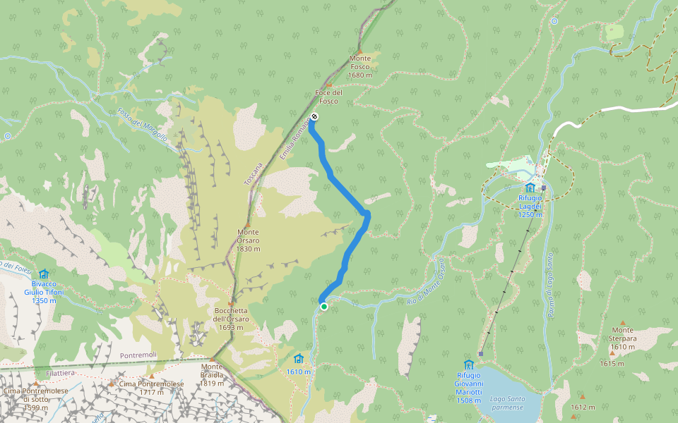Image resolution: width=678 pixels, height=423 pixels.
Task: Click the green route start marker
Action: pyautogui.click(x=324, y=307)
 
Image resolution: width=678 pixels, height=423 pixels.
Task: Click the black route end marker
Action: pyautogui.click(x=314, y=116)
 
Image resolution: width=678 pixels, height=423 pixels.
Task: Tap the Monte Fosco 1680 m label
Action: pyautogui.click(x=360, y=67)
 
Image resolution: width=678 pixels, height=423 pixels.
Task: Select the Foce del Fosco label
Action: pyautogui.click(x=328, y=97)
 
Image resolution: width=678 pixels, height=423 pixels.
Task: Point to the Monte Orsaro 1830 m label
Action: pyautogui.click(x=249, y=240)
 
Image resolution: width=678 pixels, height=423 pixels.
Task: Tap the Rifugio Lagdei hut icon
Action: pyautogui.click(x=530, y=188)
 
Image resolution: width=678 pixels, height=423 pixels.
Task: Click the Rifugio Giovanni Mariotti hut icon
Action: pyautogui.click(x=468, y=364)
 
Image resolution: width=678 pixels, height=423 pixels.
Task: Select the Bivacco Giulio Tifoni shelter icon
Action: pyautogui.click(x=44, y=274)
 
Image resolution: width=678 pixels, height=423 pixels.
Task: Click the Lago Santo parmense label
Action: pyautogui.click(x=507, y=403)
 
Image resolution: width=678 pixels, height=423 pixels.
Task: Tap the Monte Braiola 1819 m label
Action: pyautogui.click(x=212, y=371)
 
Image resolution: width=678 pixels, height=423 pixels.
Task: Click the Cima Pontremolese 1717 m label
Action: pyautogui.click(x=152, y=388)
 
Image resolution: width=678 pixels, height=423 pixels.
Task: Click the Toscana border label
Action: pyautogui.click(x=254, y=173)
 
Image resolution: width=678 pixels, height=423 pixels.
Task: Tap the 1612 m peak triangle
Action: pyautogui.click(x=582, y=396)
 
